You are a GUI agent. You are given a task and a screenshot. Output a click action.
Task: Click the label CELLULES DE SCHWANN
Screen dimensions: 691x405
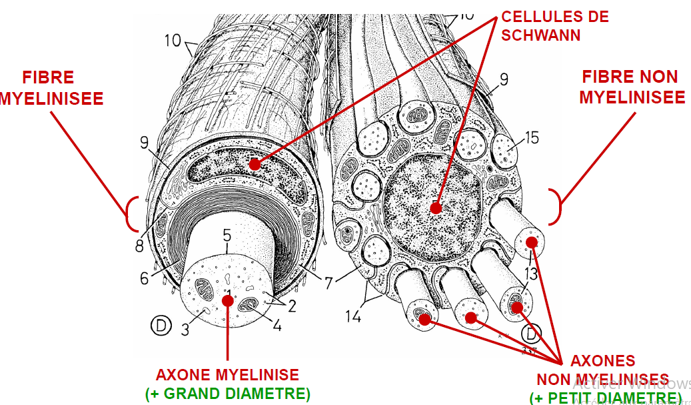(554, 25)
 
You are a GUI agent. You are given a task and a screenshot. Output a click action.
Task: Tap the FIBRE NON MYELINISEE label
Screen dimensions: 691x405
(632, 87)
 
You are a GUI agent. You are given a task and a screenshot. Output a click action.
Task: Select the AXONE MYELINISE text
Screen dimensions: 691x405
(227, 374)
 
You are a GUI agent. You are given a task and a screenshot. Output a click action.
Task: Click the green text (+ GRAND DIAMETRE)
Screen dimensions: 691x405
(227, 394)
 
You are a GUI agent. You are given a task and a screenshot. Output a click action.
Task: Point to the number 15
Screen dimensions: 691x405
(532, 138)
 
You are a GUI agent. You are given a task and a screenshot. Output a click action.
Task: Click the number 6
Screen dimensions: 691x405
(144, 278)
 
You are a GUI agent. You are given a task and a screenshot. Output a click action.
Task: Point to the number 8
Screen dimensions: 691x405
(139, 246)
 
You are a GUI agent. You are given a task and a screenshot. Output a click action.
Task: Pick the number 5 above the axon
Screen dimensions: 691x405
(227, 235)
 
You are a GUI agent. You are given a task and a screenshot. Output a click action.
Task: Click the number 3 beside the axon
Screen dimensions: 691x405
(185, 329)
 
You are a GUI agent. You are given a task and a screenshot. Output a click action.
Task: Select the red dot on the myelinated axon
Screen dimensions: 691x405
(227, 301)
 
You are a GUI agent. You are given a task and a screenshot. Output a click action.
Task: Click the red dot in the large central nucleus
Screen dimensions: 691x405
(436, 208)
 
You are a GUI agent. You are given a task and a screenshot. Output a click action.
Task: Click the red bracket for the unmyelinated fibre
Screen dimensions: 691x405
(556, 206)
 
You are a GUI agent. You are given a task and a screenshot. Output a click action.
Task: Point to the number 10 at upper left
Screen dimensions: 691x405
(173, 41)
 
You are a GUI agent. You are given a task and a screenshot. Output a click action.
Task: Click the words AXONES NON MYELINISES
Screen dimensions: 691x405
(603, 370)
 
